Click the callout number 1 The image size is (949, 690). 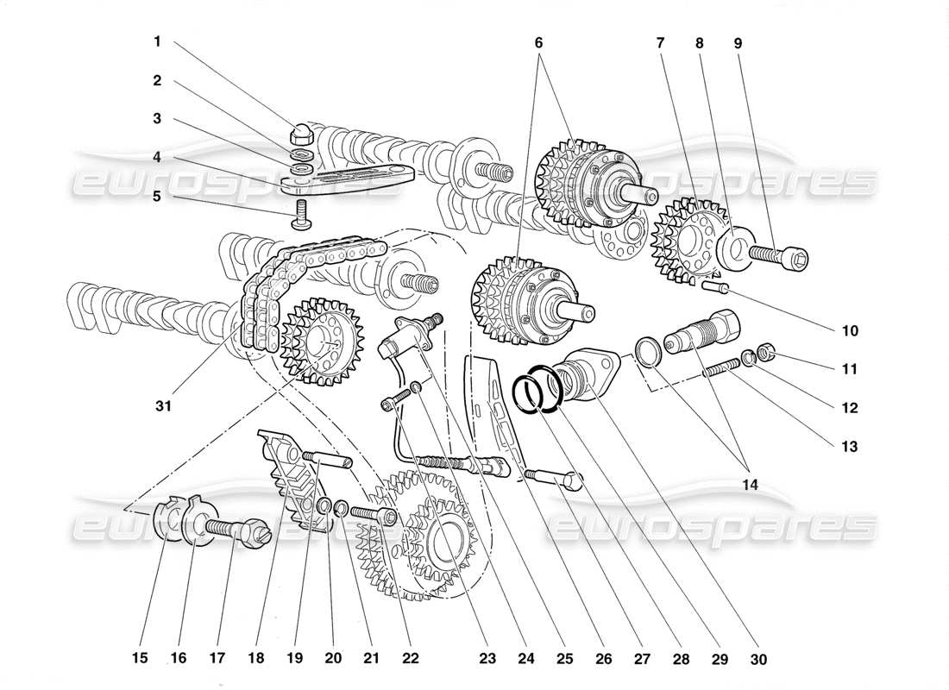[157, 41]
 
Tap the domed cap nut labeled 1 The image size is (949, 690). [301, 134]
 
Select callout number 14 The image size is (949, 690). [749, 486]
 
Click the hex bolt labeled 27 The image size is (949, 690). [553, 476]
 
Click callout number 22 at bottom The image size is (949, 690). [410, 658]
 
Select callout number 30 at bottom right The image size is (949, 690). [759, 658]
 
